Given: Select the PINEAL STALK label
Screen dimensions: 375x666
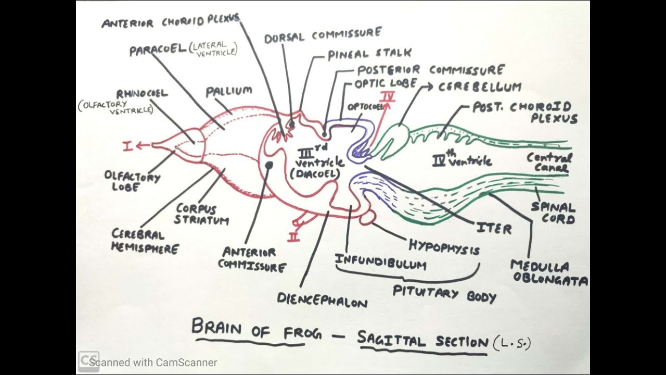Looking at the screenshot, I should click(369, 54).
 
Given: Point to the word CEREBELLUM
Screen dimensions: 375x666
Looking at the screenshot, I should click(479, 87).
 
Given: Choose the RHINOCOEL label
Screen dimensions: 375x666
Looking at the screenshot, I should click(142, 94).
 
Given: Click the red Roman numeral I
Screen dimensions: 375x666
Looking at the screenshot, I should click(129, 146).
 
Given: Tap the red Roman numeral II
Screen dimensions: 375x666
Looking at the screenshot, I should click(294, 237).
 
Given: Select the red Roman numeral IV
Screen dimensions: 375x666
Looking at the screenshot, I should click(387, 97).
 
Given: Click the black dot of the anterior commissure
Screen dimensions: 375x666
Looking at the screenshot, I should click(269, 165).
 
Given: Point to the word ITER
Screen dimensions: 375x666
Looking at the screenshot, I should click(494, 228).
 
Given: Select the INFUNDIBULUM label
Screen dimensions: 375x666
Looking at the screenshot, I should click(380, 262).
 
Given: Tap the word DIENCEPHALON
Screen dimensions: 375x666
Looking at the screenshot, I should click(322, 300).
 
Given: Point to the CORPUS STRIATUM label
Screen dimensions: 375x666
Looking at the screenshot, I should click(201, 214).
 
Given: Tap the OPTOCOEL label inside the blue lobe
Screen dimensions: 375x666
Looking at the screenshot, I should click(361, 107).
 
